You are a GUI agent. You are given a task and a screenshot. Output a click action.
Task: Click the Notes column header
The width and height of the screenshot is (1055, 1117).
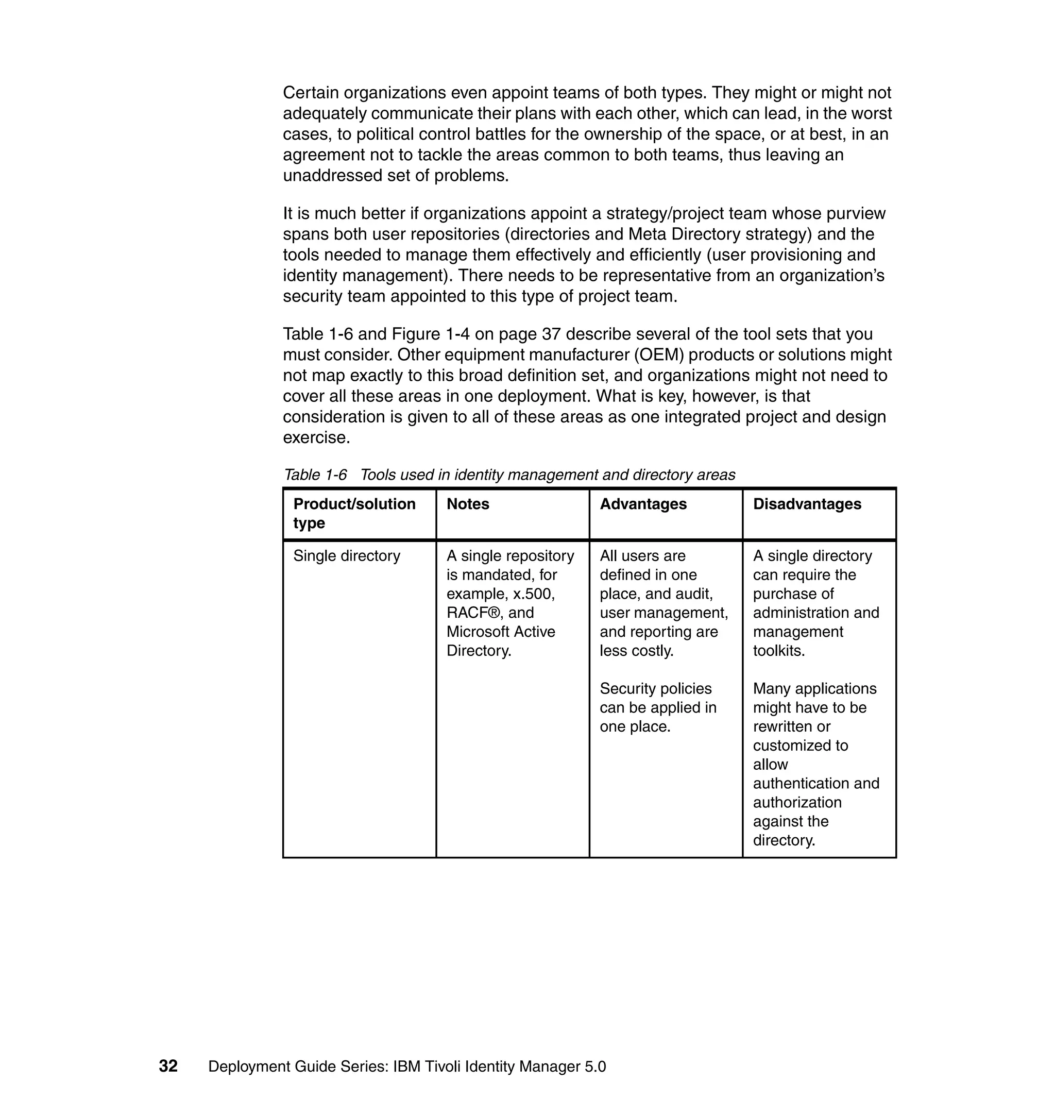467,504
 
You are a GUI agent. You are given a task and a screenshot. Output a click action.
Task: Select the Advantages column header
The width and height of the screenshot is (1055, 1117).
643,504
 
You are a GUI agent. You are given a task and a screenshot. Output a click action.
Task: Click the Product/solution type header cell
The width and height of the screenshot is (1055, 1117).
354,513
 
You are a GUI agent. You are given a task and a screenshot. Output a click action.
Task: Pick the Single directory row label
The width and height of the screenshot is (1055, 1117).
346,556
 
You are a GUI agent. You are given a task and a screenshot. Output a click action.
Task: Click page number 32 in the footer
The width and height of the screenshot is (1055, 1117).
168,1066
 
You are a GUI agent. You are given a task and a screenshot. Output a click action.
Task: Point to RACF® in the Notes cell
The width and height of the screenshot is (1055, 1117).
472,613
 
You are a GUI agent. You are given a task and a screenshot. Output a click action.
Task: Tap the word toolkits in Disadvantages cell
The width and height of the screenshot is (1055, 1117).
778,651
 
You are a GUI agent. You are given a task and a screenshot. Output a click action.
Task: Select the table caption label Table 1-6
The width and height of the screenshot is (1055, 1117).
315,475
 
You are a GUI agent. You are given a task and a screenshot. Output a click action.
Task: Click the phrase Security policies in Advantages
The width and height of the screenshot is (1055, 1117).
655,688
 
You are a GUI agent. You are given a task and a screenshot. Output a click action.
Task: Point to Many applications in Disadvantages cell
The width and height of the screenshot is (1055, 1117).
814,688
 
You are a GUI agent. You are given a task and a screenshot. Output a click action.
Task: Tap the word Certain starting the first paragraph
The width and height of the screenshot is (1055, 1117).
311,92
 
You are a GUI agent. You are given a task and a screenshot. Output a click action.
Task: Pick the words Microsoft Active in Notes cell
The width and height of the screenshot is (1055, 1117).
501,632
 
